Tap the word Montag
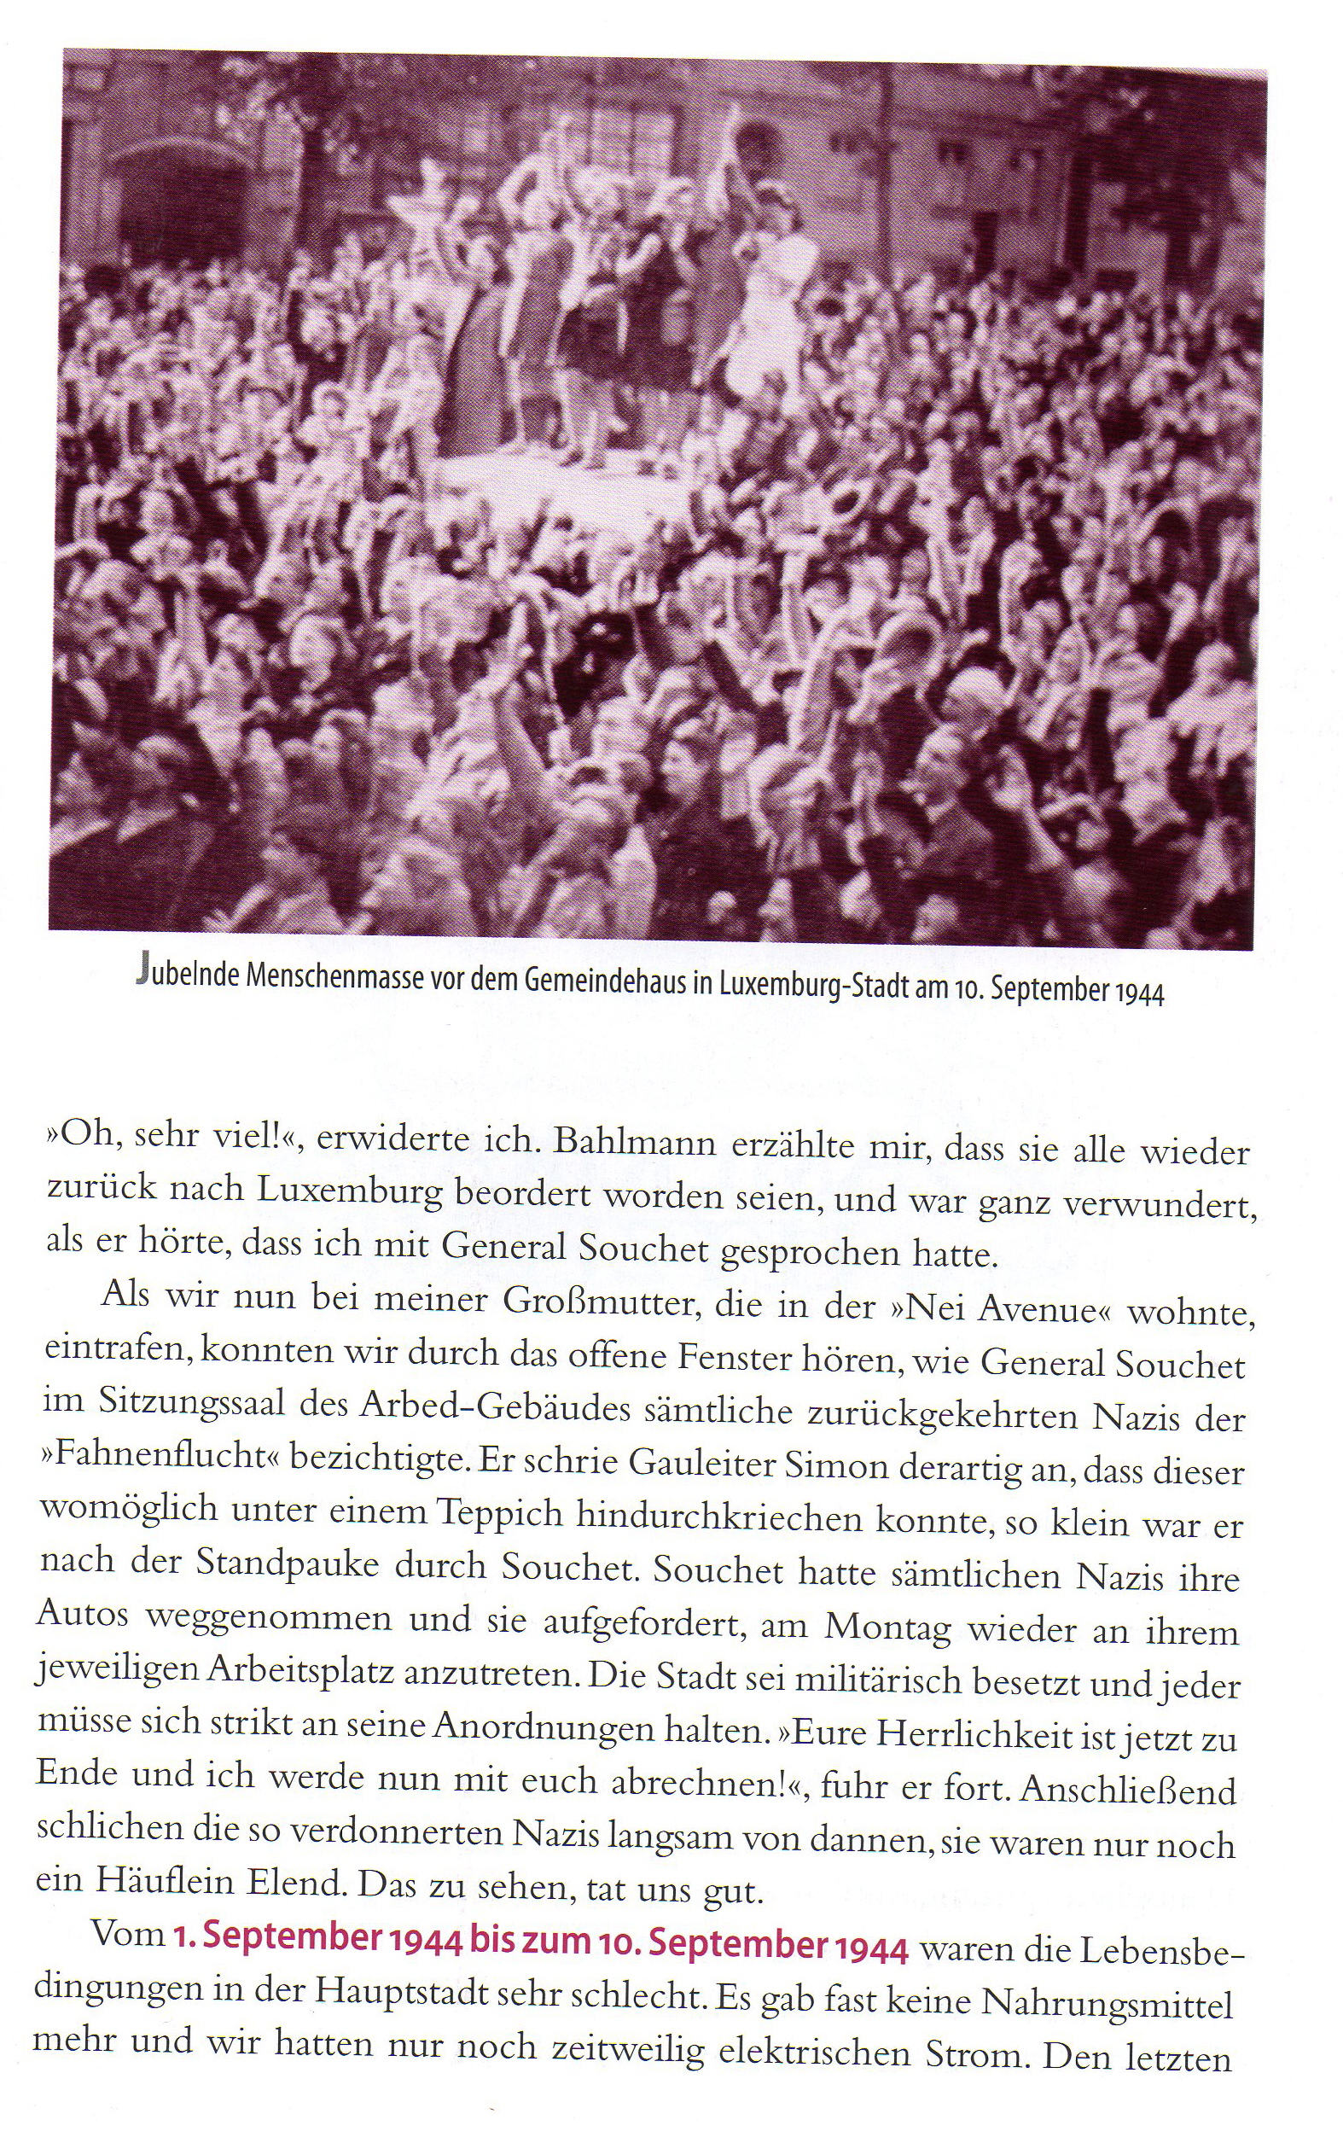click(x=888, y=1626)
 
